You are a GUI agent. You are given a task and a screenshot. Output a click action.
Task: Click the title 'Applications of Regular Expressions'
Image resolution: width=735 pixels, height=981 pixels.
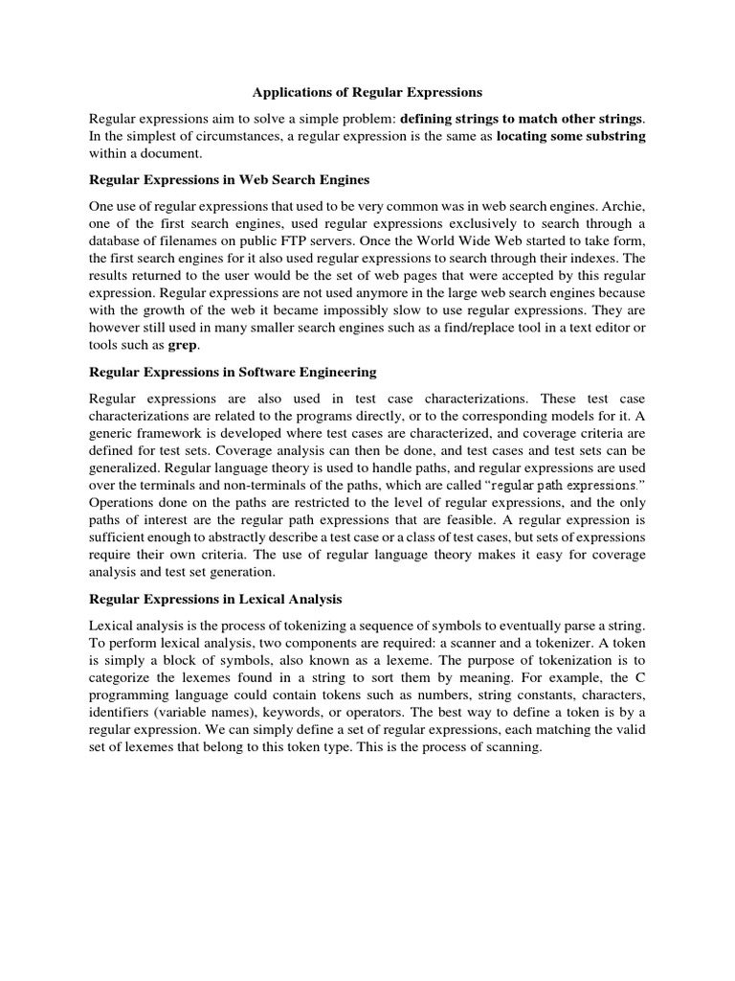[367, 93]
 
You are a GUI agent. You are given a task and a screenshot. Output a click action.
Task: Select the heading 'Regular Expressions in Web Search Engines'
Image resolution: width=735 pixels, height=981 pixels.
[229, 179]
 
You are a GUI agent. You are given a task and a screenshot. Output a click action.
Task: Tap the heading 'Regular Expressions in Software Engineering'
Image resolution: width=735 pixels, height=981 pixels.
[233, 371]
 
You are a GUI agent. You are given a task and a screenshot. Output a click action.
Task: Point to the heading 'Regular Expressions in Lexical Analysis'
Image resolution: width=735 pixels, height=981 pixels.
[215, 599]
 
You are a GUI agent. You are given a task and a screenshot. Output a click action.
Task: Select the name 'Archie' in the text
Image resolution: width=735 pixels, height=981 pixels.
[622, 206]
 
